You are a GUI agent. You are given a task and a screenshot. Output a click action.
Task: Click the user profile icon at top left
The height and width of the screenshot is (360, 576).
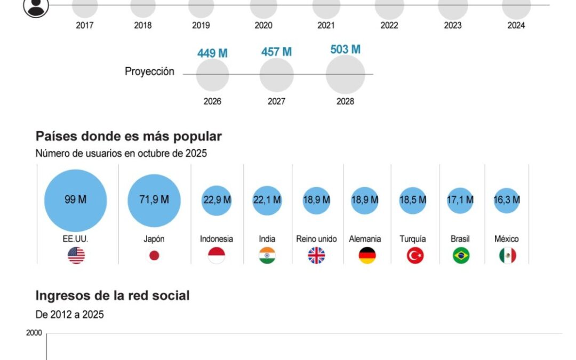point(36,7)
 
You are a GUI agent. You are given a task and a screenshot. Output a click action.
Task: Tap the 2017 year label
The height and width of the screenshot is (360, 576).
point(85,25)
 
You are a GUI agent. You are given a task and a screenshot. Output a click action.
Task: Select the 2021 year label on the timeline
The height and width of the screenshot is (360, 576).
point(326,25)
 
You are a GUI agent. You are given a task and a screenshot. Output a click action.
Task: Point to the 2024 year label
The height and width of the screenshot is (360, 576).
point(516,25)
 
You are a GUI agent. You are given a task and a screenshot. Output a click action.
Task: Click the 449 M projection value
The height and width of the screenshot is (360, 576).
point(212,53)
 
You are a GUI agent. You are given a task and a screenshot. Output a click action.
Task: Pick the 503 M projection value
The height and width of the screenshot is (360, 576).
point(345,50)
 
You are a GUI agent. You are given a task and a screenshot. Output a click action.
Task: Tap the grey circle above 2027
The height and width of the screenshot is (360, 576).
point(276,75)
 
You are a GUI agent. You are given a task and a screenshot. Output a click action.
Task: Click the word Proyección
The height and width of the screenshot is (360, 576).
point(149,71)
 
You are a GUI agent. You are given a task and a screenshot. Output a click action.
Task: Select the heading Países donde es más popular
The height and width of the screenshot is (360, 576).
point(129,137)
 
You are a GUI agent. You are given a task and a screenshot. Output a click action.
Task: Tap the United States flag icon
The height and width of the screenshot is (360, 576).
point(76,256)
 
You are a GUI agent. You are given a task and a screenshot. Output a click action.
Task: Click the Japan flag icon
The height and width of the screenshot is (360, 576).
point(154,256)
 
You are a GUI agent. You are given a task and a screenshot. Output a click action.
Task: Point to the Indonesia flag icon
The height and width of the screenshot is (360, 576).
point(217,256)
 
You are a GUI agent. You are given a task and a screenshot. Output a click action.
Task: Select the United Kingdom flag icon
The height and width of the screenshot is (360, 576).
point(316,256)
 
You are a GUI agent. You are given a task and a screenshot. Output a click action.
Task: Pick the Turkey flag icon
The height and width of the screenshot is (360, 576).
point(415,256)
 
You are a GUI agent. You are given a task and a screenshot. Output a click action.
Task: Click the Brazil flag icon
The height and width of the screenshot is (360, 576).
point(461,256)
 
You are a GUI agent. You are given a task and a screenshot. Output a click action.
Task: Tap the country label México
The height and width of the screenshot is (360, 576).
point(506,239)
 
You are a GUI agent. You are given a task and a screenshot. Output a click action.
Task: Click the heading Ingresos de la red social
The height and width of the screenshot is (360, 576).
point(113,295)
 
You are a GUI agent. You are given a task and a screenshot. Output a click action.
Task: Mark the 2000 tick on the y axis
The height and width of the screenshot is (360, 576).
point(34,333)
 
